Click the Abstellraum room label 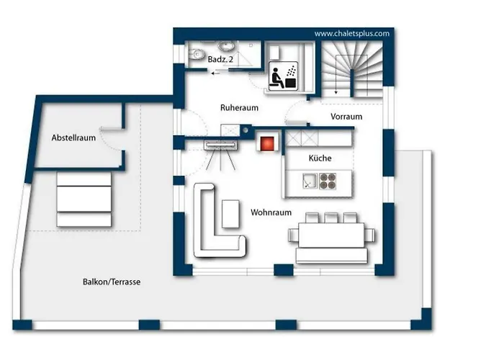pyautogui.click(x=73, y=138)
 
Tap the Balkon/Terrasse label pyautogui.click(x=112, y=282)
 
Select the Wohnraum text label pyautogui.click(x=271, y=212)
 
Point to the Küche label pyautogui.click(x=320, y=158)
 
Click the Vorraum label pyautogui.click(x=346, y=117)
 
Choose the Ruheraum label pyautogui.click(x=239, y=108)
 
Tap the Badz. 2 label pyautogui.click(x=220, y=60)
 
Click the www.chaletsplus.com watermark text pyautogui.click(x=351, y=33)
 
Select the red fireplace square pyautogui.click(x=267, y=143)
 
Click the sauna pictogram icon pyautogui.click(x=283, y=76)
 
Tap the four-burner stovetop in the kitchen pyautogui.click(x=328, y=181)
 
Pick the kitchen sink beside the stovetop pyautogui.click(x=310, y=181)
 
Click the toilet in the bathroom pyautogui.click(x=196, y=55)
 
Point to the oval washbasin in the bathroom pyautogui.click(x=227, y=46)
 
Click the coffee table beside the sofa pyautogui.click(x=230, y=214)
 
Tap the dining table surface pyautogui.click(x=331, y=235)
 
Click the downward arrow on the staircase pyautogui.click(x=336, y=75)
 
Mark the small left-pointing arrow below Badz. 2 pyautogui.click(x=215, y=73)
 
